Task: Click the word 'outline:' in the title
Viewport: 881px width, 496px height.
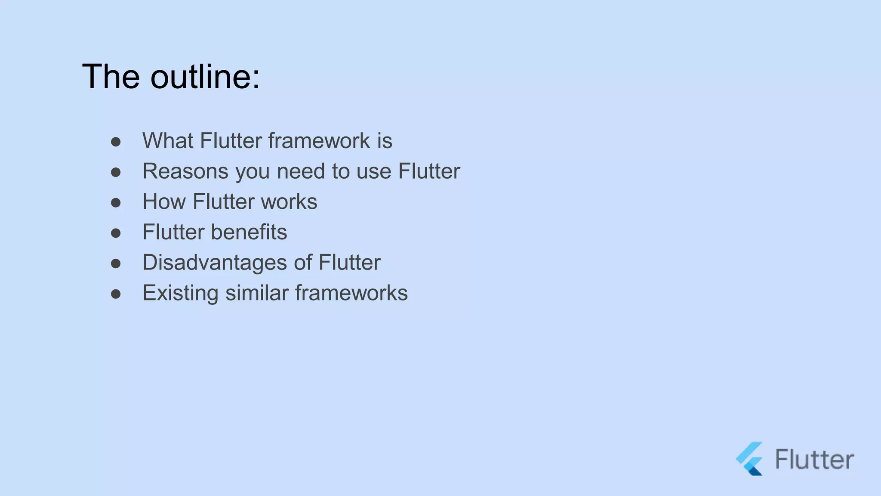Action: point(205,77)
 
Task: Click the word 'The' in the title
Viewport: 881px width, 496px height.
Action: point(111,77)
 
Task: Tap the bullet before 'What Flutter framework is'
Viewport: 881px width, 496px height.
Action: point(116,142)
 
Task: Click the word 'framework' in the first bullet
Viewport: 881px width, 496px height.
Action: point(319,141)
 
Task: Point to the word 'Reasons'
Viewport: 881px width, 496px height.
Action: point(185,171)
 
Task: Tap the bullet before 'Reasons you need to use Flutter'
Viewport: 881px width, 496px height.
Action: point(116,172)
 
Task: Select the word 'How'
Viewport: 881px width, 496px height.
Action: point(164,202)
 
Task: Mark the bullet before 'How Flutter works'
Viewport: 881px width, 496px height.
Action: point(116,203)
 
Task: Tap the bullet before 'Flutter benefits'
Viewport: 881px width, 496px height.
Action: point(116,233)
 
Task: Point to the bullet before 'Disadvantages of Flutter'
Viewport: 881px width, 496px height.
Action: point(116,263)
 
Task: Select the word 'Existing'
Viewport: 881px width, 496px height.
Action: point(180,293)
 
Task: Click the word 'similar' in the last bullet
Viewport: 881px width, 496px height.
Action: point(257,293)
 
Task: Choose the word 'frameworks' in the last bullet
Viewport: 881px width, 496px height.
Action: point(351,293)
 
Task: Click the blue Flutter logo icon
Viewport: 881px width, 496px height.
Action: point(750,459)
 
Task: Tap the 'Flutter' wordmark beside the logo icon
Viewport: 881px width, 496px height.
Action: point(814,459)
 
